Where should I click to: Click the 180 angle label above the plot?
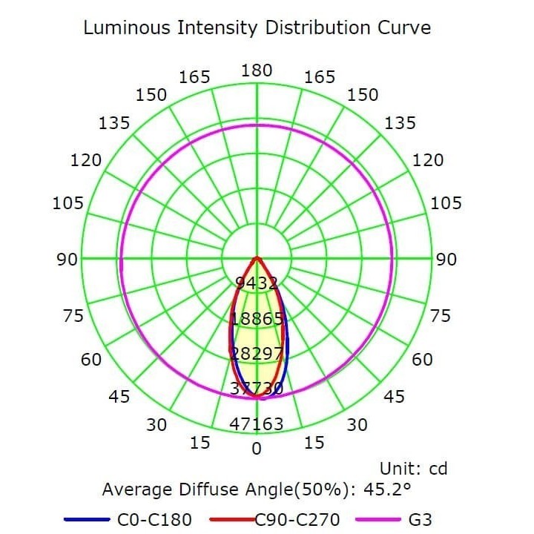[257, 70]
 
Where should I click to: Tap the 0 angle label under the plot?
[257, 449]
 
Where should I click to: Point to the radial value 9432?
[257, 283]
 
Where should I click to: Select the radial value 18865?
[257, 318]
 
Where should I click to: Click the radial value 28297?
[257, 353]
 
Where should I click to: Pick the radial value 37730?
[257, 389]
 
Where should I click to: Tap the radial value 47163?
[257, 424]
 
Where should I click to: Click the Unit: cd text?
[413, 469]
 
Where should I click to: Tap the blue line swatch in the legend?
[87, 520]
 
